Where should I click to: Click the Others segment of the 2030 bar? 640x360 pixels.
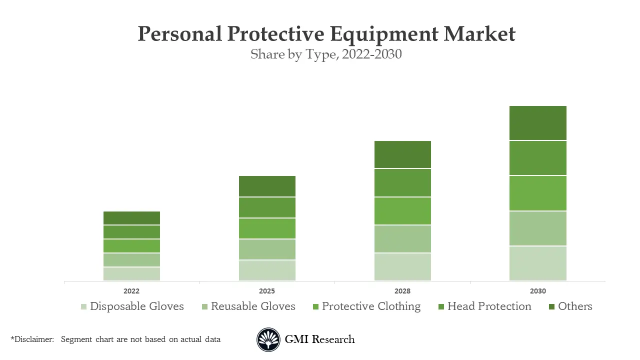[537, 123]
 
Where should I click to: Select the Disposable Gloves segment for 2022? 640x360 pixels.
[131, 274]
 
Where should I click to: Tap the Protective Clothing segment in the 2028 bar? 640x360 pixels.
[402, 211]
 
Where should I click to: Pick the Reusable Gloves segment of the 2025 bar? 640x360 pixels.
[267, 249]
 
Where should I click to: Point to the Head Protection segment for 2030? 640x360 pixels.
[537, 158]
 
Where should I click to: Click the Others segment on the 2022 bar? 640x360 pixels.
[131, 218]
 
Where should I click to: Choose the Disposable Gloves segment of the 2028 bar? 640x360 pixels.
[402, 267]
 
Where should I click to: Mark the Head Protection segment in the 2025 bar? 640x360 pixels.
[267, 207]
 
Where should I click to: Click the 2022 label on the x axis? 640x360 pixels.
[131, 291]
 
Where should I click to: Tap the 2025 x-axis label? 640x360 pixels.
[267, 291]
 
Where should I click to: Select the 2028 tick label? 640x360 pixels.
[402, 291]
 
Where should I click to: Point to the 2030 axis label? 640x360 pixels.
[538, 291]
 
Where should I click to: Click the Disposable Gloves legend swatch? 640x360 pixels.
[83, 306]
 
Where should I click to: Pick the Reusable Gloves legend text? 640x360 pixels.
[253, 306]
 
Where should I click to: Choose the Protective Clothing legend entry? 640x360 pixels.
[371, 306]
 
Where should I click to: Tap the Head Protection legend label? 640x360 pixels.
[489, 306]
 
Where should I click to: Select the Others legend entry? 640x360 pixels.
[575, 306]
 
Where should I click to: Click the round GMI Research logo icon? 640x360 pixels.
[268, 340]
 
